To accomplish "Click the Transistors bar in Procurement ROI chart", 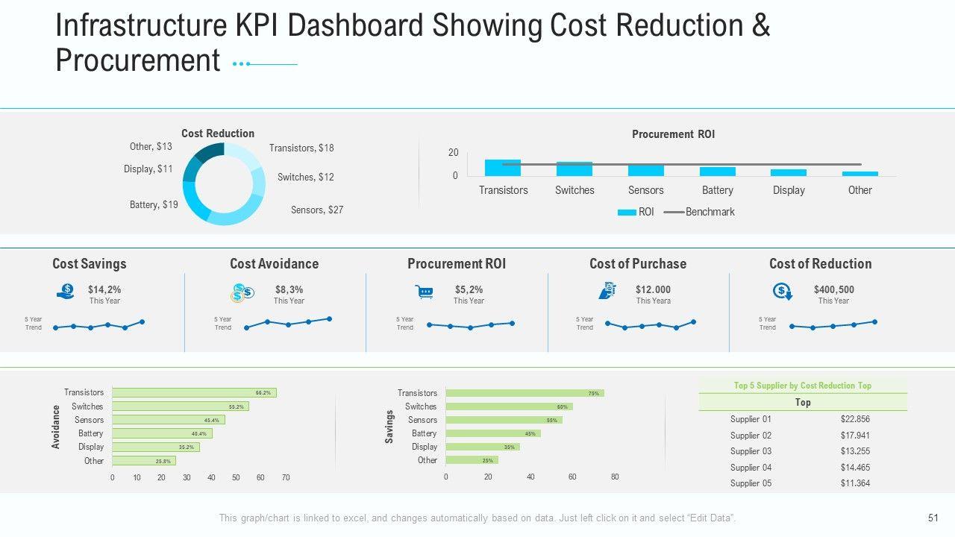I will (503, 168).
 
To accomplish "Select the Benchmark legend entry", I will (710, 212).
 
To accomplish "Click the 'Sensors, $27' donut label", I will (317, 210).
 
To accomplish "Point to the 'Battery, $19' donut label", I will (154, 204).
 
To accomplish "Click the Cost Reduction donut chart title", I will (218, 134).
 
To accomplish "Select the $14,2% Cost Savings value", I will (104, 289).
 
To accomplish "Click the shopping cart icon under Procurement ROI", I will (425, 292).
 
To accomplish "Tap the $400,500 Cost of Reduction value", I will (834, 289).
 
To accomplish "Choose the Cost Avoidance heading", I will (274, 263).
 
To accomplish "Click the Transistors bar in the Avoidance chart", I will (194, 392).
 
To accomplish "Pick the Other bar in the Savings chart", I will (472, 460).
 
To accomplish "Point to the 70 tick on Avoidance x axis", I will (285, 477).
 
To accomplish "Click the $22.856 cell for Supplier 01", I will (855, 419).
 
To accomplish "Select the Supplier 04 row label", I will (751, 468).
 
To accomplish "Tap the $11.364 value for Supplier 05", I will (855, 483).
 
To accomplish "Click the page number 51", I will (933, 518).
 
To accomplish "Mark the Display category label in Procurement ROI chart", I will (789, 190).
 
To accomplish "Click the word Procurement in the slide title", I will (138, 60).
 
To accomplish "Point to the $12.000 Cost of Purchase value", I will (653, 289).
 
